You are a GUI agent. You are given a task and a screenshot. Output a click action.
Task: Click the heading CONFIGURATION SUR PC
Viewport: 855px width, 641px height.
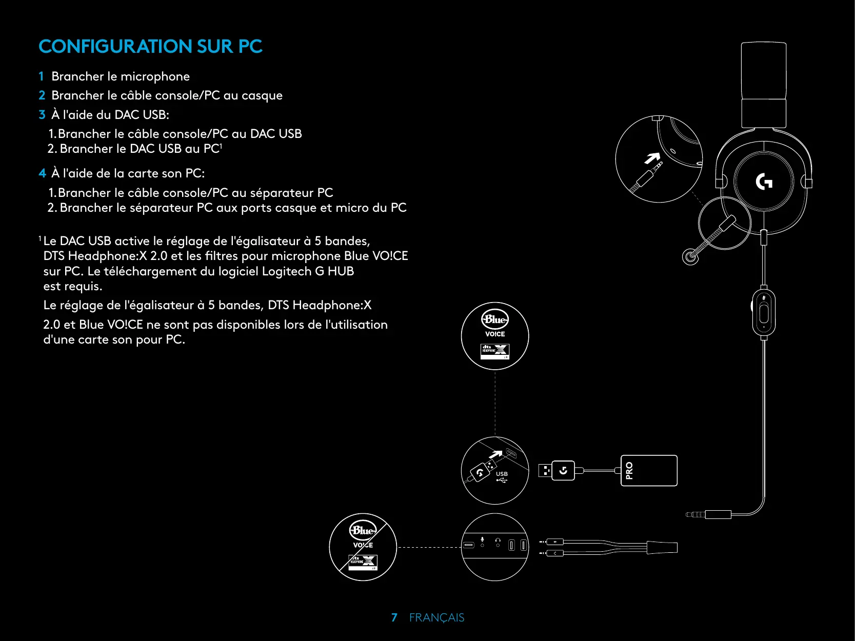(150, 47)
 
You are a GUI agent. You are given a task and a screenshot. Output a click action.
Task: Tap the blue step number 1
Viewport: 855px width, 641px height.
(41, 76)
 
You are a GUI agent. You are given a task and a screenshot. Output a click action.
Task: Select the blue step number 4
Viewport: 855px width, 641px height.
(42, 173)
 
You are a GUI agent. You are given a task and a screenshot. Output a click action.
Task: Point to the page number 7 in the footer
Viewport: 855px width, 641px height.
(394, 617)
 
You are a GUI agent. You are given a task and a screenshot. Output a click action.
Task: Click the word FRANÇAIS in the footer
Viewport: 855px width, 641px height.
(436, 617)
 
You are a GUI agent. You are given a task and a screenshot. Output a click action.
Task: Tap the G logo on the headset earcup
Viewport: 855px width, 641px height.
(764, 182)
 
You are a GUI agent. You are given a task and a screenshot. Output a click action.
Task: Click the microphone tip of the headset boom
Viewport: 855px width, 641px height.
(690, 256)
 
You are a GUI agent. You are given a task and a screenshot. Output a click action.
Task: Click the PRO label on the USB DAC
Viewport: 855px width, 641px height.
(629, 470)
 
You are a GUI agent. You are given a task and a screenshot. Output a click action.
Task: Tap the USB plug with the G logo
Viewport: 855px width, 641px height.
(556, 470)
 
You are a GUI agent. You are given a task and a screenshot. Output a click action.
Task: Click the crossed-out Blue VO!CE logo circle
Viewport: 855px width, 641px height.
(363, 547)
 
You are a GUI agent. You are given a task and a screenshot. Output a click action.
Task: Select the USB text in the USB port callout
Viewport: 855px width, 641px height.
(502, 474)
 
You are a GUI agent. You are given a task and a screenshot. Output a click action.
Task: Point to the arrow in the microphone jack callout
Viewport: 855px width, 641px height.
(652, 158)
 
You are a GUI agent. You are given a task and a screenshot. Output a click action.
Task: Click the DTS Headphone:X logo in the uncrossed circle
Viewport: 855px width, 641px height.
(495, 351)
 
